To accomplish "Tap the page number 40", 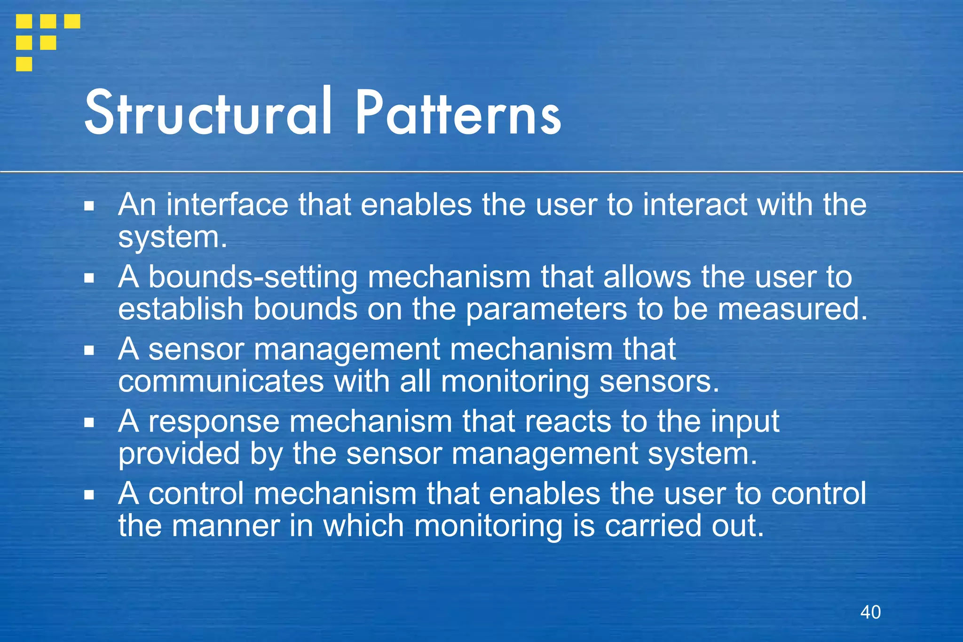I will point(870,612).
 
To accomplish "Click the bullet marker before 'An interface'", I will point(89,206).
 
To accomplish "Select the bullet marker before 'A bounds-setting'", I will point(89,278).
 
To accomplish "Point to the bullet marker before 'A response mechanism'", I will point(89,422).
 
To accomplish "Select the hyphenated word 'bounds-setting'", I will point(253,277).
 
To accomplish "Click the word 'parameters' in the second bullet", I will point(546,309).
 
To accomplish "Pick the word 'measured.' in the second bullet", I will point(792,309).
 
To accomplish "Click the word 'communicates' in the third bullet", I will point(221,381).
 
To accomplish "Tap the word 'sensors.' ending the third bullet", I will point(659,381).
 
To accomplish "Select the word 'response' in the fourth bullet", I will point(214,422).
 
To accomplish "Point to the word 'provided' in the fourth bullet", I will point(179,454).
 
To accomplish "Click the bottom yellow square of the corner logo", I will point(24,64).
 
